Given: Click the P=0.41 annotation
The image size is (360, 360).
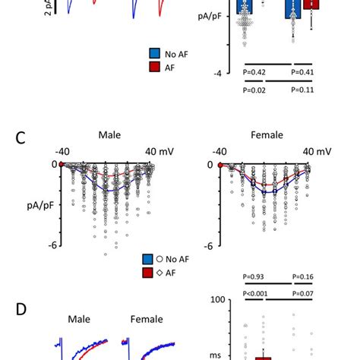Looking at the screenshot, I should [307, 72].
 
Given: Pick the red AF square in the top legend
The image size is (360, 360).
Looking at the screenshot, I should [154, 67].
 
